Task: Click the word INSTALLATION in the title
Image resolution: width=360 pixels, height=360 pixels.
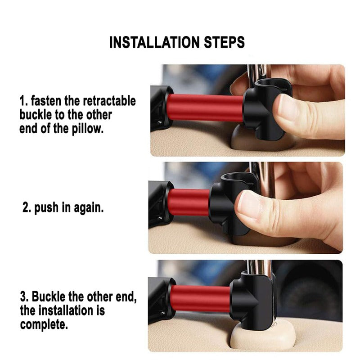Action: point(155,42)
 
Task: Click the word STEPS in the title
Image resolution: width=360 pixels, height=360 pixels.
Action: point(224,42)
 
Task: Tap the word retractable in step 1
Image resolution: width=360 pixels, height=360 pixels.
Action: point(109,101)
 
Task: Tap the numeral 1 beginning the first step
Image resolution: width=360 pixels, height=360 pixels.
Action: point(22,101)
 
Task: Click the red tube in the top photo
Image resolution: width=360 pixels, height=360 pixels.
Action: point(205,107)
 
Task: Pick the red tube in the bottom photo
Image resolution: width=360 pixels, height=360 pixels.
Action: point(200,298)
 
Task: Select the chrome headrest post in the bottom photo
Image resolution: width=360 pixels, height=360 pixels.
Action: point(259,267)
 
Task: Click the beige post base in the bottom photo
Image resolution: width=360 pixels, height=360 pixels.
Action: point(264,338)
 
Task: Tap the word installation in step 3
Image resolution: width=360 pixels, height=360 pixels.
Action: point(65,310)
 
